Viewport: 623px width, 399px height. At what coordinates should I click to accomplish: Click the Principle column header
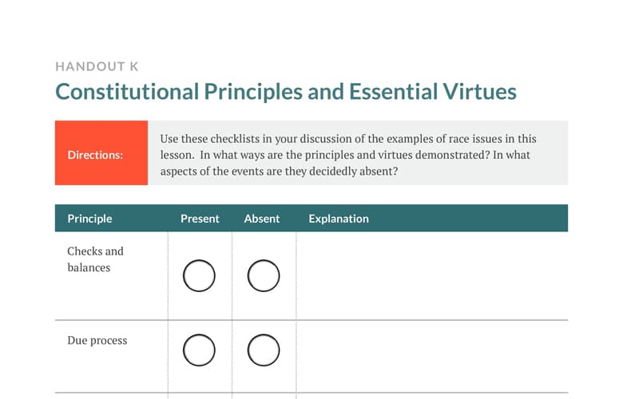click(89, 219)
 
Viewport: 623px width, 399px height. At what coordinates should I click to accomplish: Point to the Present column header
click(200, 219)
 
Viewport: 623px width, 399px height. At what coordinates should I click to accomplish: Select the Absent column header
click(262, 219)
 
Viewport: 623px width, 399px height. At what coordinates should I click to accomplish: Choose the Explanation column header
click(339, 219)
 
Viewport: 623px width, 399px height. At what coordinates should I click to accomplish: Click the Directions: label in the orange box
click(95, 155)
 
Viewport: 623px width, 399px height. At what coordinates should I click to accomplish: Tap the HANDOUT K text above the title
click(97, 66)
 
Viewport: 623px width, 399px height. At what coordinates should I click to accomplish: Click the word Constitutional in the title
click(127, 92)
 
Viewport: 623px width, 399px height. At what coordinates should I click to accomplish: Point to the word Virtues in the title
click(479, 92)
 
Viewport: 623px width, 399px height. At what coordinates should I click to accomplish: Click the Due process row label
click(97, 341)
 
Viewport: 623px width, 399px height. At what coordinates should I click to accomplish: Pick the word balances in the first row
click(89, 267)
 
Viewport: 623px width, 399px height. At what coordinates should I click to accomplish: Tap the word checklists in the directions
click(235, 139)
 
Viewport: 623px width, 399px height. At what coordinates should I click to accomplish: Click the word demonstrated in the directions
click(452, 155)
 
